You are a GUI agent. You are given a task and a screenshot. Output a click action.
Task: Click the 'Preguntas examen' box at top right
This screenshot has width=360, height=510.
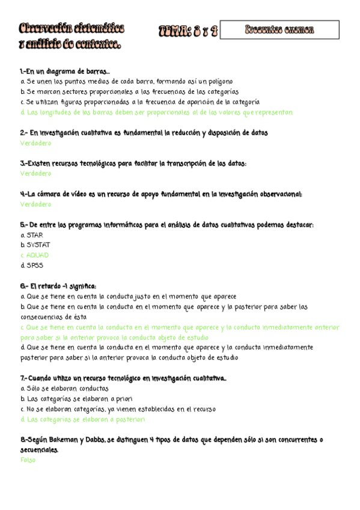click(279, 29)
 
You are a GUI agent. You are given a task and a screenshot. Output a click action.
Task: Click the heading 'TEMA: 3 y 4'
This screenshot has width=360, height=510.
click(188, 31)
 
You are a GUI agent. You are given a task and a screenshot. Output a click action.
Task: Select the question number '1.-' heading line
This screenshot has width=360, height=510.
click(65, 72)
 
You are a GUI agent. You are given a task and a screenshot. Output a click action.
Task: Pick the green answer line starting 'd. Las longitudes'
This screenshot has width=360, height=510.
click(156, 112)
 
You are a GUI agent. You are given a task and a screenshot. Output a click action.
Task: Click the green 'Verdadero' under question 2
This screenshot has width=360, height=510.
click(35, 143)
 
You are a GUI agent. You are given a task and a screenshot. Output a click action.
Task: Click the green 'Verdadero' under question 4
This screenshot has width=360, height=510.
click(35, 204)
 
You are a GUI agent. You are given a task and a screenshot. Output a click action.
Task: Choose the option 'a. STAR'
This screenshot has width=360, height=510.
click(31, 235)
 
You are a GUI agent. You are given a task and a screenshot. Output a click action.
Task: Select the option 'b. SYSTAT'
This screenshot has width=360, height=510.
click(35, 245)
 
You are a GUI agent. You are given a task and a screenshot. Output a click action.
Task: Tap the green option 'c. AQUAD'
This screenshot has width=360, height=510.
click(34, 256)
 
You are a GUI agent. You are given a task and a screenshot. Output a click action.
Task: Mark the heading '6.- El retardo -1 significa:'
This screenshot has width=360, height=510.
click(58, 286)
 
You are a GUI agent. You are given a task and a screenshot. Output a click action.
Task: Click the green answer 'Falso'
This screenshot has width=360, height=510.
click(28, 460)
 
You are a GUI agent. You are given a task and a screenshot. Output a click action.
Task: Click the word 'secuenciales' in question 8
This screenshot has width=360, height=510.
click(39, 450)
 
